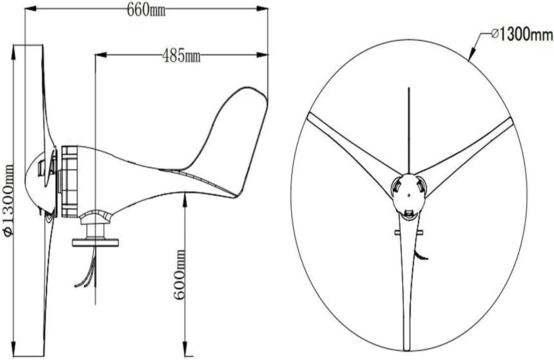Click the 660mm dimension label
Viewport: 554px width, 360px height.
(146, 10)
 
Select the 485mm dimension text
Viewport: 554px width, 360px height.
(181, 55)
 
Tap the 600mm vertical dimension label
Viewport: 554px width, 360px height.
(180, 274)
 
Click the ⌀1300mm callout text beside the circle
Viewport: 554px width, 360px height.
(522, 35)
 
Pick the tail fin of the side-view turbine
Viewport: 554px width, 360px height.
(230, 137)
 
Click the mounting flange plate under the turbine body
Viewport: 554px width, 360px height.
(95, 242)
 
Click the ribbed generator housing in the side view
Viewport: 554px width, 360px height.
(69, 182)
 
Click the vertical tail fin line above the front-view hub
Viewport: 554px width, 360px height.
(409, 129)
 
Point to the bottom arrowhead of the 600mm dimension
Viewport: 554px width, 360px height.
(185, 347)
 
